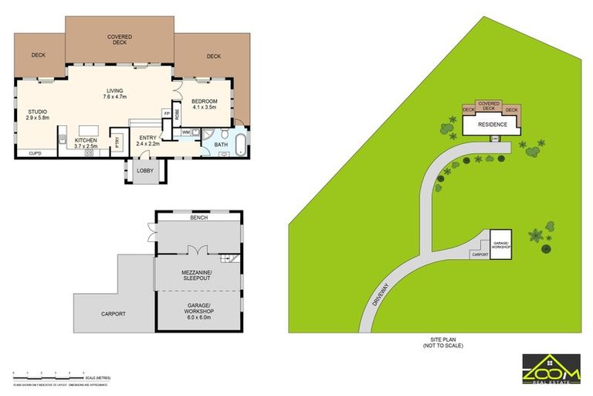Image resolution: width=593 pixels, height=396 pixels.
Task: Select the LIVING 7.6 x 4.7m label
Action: coord(115,94)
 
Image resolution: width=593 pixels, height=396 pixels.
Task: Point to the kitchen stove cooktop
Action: coord(89,152)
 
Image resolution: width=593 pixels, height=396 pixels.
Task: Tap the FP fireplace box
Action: coord(166,114)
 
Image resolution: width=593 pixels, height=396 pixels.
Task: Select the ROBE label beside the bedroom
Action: coord(177,114)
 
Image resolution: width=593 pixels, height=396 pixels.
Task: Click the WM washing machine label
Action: coord(186,132)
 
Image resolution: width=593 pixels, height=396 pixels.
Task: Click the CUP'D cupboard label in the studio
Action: coord(35,154)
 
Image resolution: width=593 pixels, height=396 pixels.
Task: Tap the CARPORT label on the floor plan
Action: coord(113,313)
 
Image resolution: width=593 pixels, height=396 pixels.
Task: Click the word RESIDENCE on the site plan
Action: coord(492,125)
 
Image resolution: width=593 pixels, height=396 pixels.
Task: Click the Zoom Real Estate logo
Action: coord(551,368)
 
